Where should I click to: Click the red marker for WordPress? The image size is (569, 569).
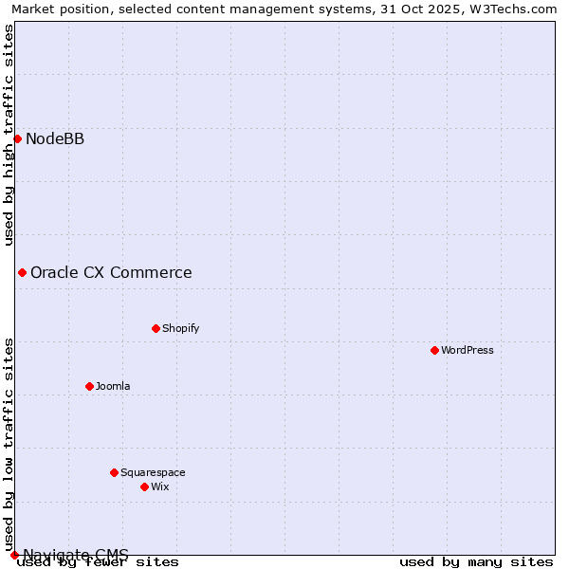click(434, 350)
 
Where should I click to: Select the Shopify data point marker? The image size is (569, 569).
click(156, 328)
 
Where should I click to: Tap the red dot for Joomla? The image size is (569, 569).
click(89, 386)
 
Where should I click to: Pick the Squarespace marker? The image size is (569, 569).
click(114, 472)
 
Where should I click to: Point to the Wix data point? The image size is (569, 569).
click(144, 486)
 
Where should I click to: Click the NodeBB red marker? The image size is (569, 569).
click(17, 138)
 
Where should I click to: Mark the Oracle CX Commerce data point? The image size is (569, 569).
click(22, 272)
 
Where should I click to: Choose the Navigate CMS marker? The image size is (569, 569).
click(14, 555)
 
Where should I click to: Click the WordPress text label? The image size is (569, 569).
click(468, 350)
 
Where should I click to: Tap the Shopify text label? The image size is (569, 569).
click(181, 328)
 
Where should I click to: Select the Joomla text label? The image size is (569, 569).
click(113, 386)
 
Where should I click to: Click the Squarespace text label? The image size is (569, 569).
click(153, 472)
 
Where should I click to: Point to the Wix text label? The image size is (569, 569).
click(160, 486)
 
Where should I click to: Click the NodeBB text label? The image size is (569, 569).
click(55, 139)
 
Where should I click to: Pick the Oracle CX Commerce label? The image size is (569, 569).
click(111, 273)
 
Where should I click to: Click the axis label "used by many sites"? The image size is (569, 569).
click(476, 562)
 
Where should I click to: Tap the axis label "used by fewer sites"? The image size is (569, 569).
click(98, 562)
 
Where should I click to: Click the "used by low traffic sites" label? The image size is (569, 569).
click(9, 437)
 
